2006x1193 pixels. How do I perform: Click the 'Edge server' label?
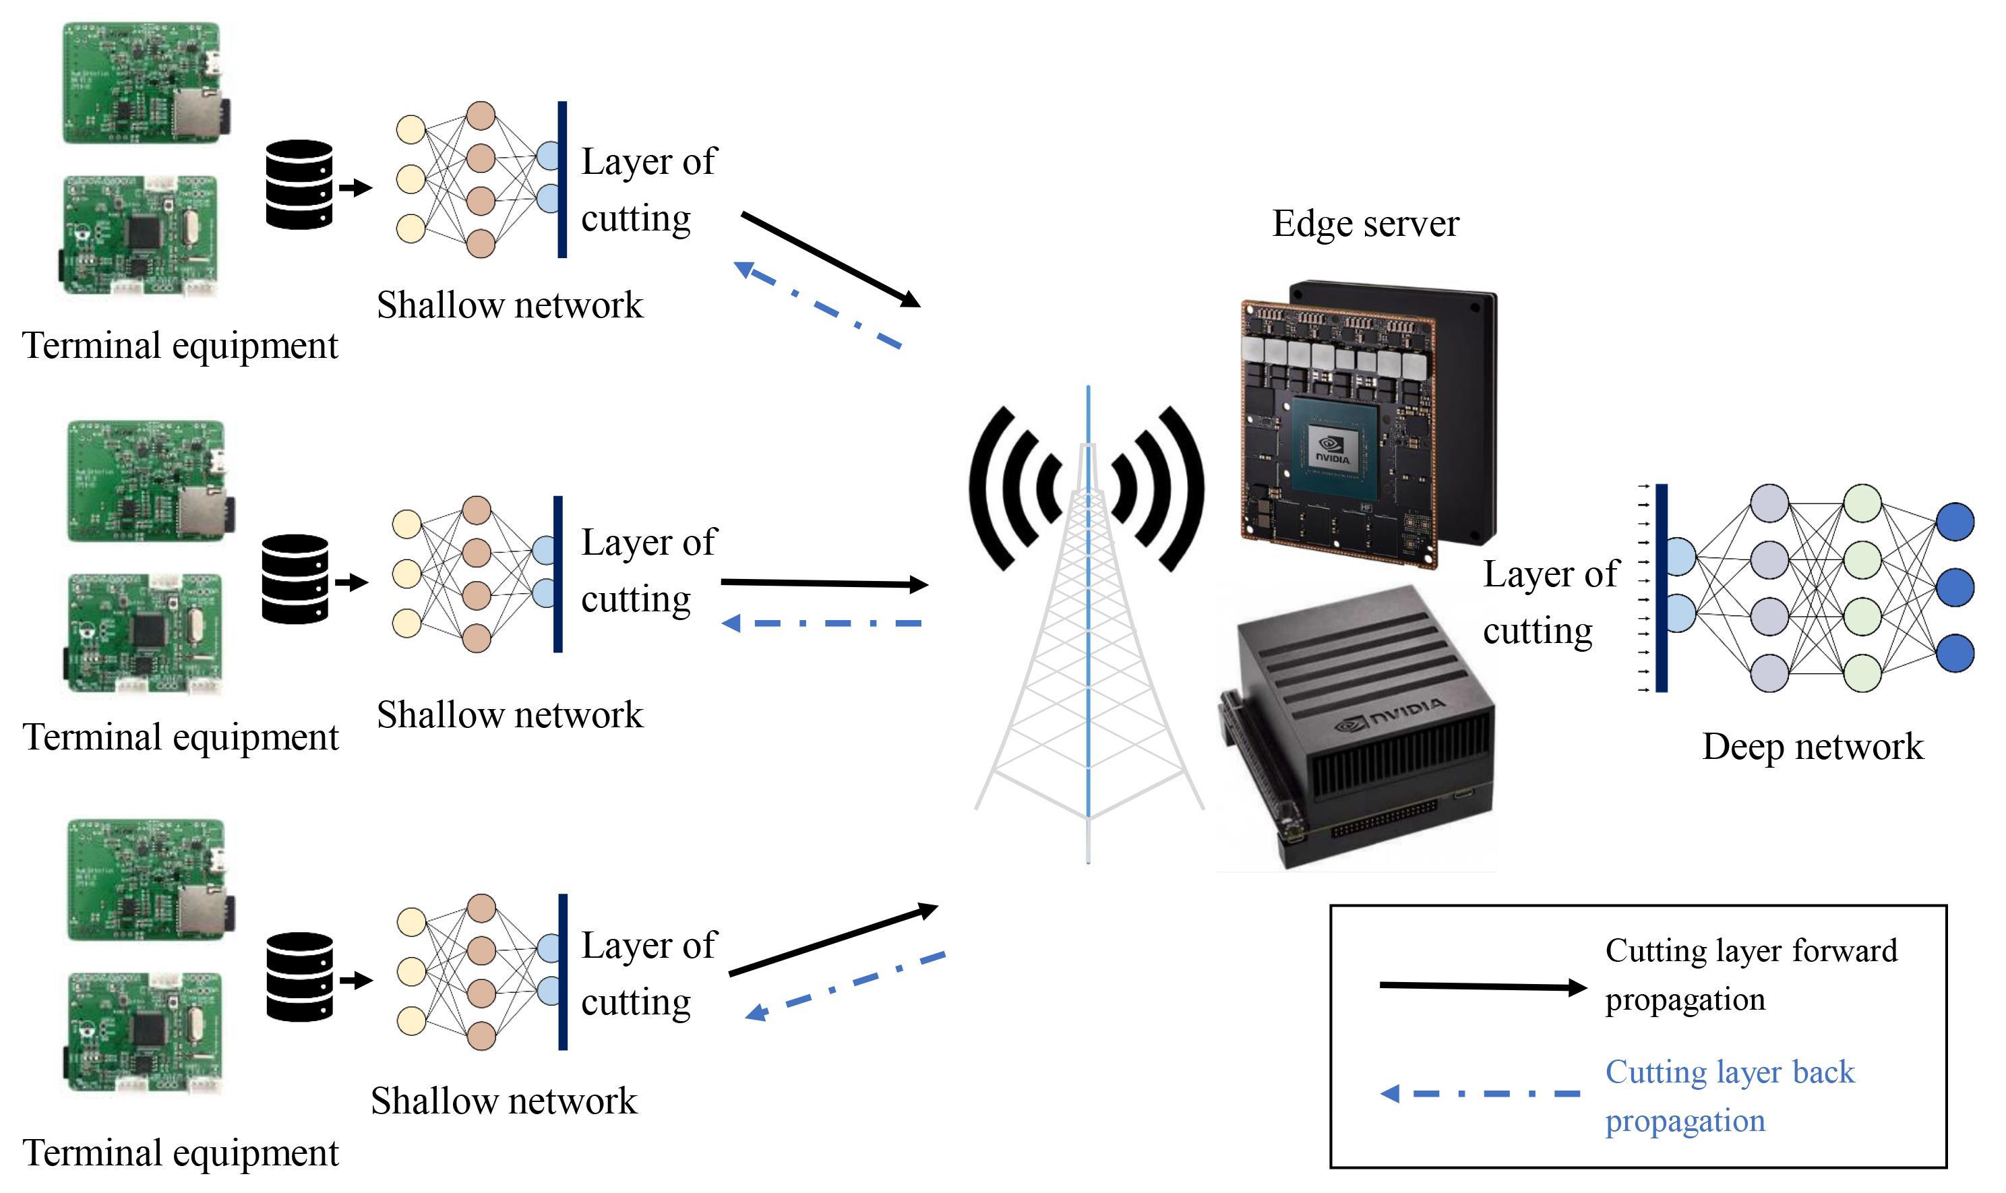coord(1364,224)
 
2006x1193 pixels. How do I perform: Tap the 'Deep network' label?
coord(1813,747)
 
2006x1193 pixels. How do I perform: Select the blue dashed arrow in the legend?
coord(1480,1093)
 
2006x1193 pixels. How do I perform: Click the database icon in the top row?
coord(299,185)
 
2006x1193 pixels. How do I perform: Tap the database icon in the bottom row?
coord(299,977)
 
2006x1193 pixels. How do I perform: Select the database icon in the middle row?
coord(295,579)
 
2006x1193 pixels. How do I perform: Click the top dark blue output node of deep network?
coord(1955,522)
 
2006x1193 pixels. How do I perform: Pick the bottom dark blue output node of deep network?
coord(1955,652)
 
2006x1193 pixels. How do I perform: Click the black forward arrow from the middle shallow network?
coord(824,583)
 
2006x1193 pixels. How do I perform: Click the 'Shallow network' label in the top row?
coord(510,305)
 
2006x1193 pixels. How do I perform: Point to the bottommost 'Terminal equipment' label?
coord(181,1153)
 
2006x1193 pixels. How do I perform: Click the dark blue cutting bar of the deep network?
coord(1662,588)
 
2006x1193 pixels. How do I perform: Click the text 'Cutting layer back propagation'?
coord(1728,1096)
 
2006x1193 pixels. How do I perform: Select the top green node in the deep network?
coord(1862,503)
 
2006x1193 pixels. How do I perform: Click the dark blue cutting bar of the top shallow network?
coord(562,179)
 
